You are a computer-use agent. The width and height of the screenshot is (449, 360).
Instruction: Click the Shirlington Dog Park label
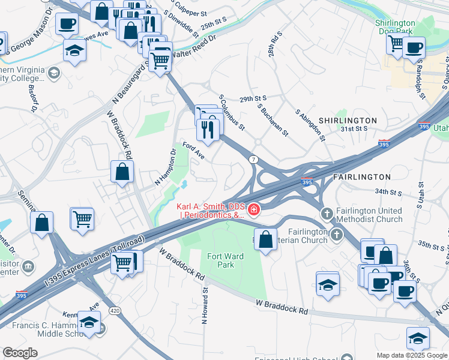[x=395, y=26]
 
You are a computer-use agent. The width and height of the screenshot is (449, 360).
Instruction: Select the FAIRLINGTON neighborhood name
[x=361, y=177]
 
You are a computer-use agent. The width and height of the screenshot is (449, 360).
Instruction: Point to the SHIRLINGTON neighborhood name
[x=348, y=121]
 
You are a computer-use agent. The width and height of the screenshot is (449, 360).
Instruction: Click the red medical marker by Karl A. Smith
[x=255, y=209]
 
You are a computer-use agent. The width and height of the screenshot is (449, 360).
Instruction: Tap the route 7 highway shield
[x=255, y=159]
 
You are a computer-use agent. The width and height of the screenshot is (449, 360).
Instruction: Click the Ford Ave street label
[x=194, y=151]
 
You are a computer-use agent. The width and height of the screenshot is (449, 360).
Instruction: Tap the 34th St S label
[x=388, y=192]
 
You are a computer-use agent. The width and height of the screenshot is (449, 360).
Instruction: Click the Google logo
[x=20, y=353]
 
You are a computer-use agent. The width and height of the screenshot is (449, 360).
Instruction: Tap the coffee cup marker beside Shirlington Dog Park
[x=414, y=47]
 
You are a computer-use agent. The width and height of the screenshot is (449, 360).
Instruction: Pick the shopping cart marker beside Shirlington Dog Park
[x=396, y=43]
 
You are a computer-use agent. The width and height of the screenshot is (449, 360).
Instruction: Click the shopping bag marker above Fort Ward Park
[x=265, y=238]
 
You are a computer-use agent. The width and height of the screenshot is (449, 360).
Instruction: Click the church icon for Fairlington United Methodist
[x=327, y=214]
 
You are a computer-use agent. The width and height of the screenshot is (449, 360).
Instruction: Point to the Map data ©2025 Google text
[x=411, y=355]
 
